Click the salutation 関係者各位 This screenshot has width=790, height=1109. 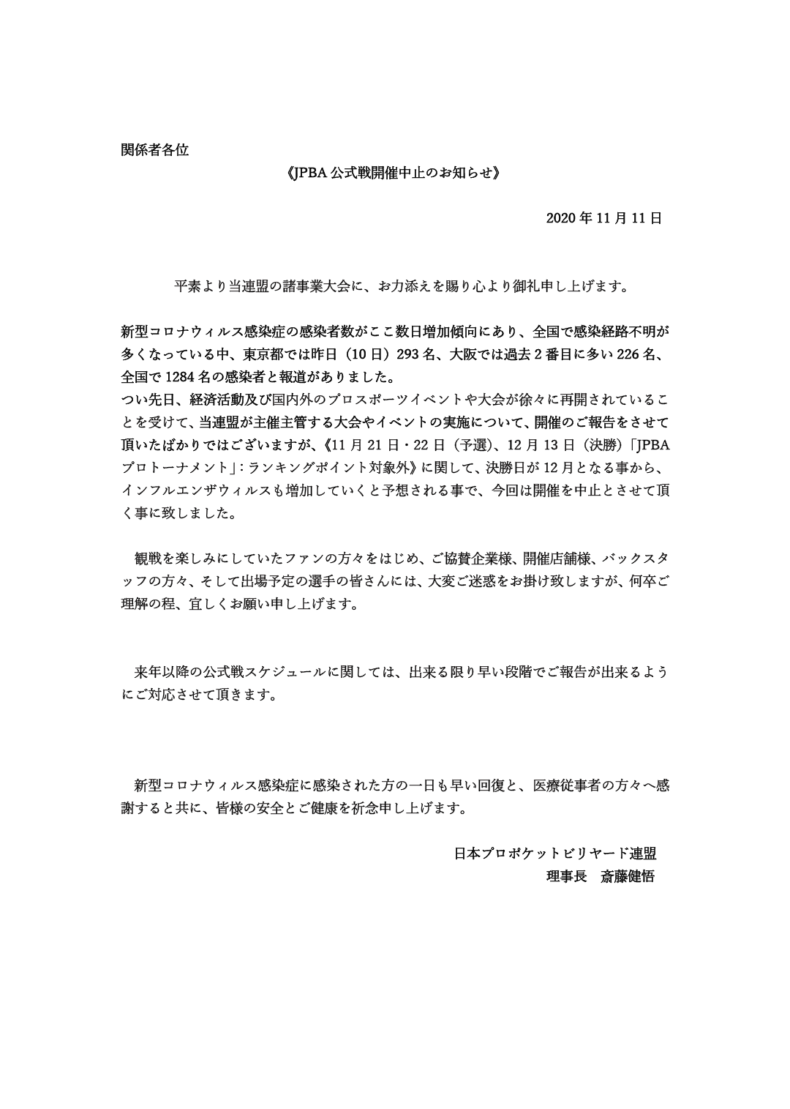point(154,150)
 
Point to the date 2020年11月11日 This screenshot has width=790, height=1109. point(603,218)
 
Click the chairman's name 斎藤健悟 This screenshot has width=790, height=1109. point(627,876)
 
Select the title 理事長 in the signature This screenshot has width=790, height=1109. point(566,876)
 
